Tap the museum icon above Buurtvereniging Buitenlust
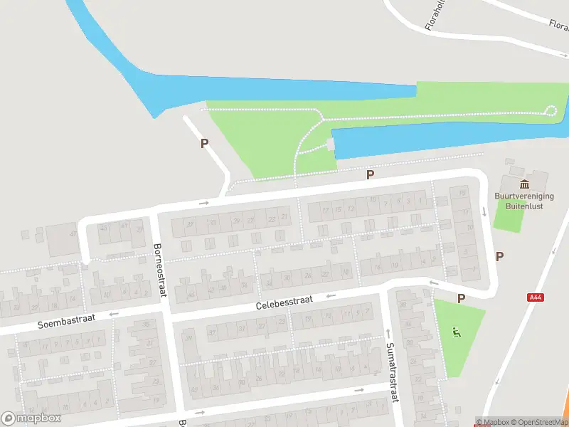(x=525, y=184)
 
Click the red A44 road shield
(x=536, y=297)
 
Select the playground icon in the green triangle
(x=456, y=331)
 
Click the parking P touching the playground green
(x=461, y=299)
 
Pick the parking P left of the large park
(x=205, y=143)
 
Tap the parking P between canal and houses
(x=369, y=174)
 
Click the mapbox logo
(x=31, y=418)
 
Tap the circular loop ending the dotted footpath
(x=551, y=110)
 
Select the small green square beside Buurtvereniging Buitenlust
(x=508, y=216)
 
